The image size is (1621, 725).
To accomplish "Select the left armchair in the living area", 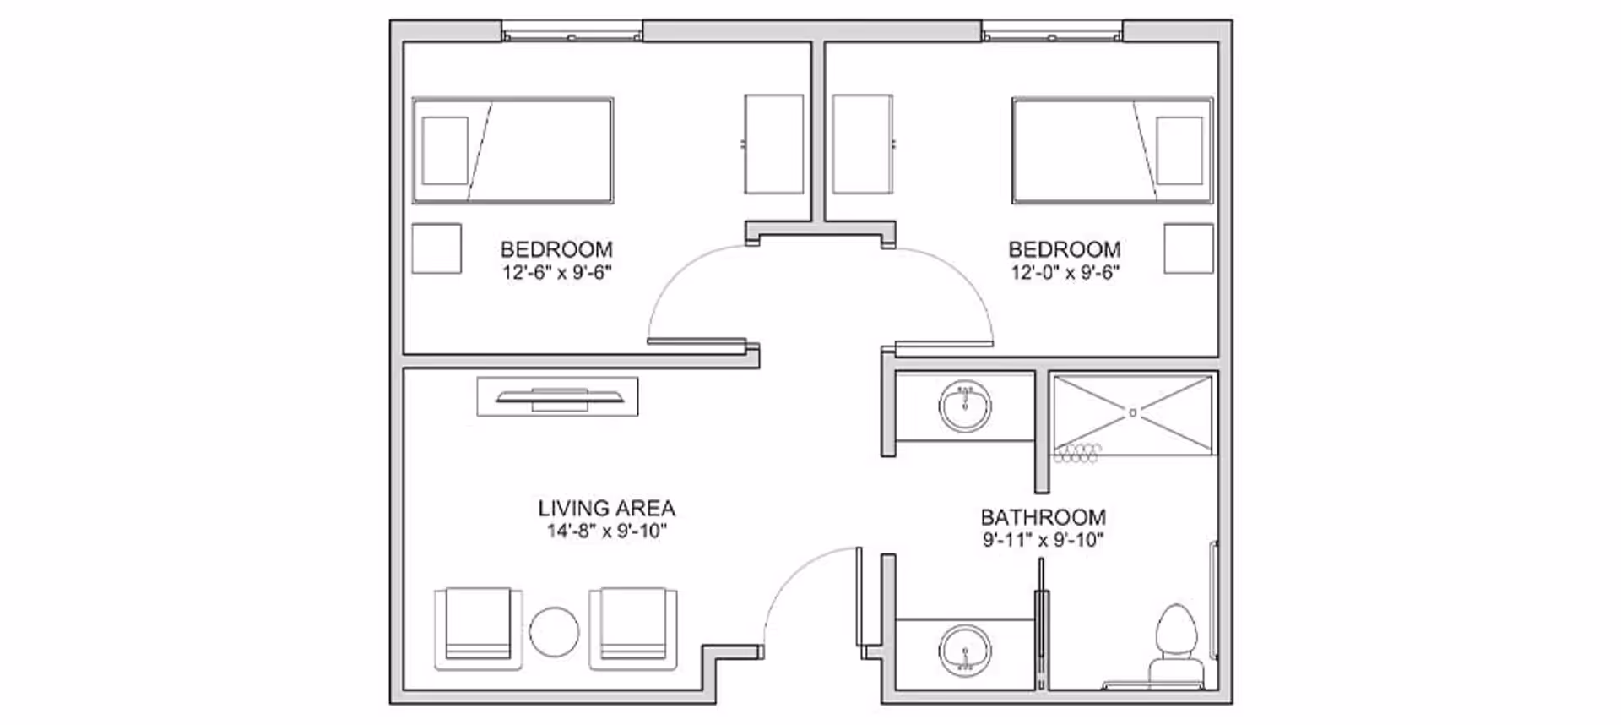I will (x=477, y=628).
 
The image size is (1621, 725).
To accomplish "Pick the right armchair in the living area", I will (x=633, y=628).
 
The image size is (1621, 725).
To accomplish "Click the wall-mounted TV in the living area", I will (x=557, y=396).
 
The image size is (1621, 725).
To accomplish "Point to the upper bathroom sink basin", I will (x=965, y=406).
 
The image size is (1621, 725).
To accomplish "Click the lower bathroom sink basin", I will (x=965, y=650).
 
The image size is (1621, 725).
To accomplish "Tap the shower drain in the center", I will (x=1133, y=412).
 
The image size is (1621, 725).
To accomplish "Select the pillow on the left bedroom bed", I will (x=445, y=150).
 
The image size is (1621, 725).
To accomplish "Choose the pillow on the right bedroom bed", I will (x=1179, y=150).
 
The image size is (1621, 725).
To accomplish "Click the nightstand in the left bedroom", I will (x=436, y=248).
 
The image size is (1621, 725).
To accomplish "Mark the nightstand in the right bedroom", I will (x=1188, y=248).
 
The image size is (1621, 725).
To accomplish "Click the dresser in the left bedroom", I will (x=773, y=144).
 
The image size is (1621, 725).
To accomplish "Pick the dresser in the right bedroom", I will (x=862, y=144).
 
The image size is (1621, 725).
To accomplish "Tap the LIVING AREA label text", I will (x=606, y=509).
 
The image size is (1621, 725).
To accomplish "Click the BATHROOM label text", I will (x=1043, y=517).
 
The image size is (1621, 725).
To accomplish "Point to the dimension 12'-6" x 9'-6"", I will (x=556, y=272).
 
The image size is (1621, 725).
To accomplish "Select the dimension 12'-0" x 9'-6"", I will (x=1065, y=272).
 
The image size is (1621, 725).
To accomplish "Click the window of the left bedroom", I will (x=572, y=35).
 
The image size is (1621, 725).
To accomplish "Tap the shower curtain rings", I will (x=1077, y=455).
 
